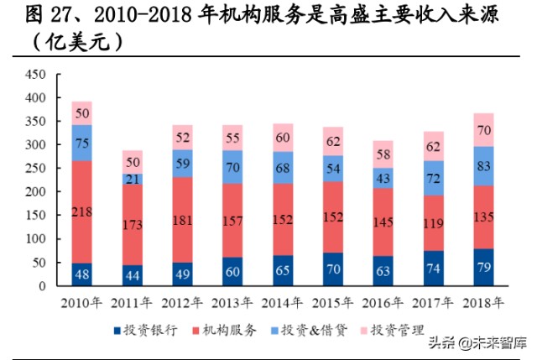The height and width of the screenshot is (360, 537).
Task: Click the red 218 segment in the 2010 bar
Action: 81,211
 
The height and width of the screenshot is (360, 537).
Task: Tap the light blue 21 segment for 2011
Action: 133,179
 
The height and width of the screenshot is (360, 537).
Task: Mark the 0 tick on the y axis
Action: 40,286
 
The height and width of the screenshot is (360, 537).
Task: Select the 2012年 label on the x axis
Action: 183,301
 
